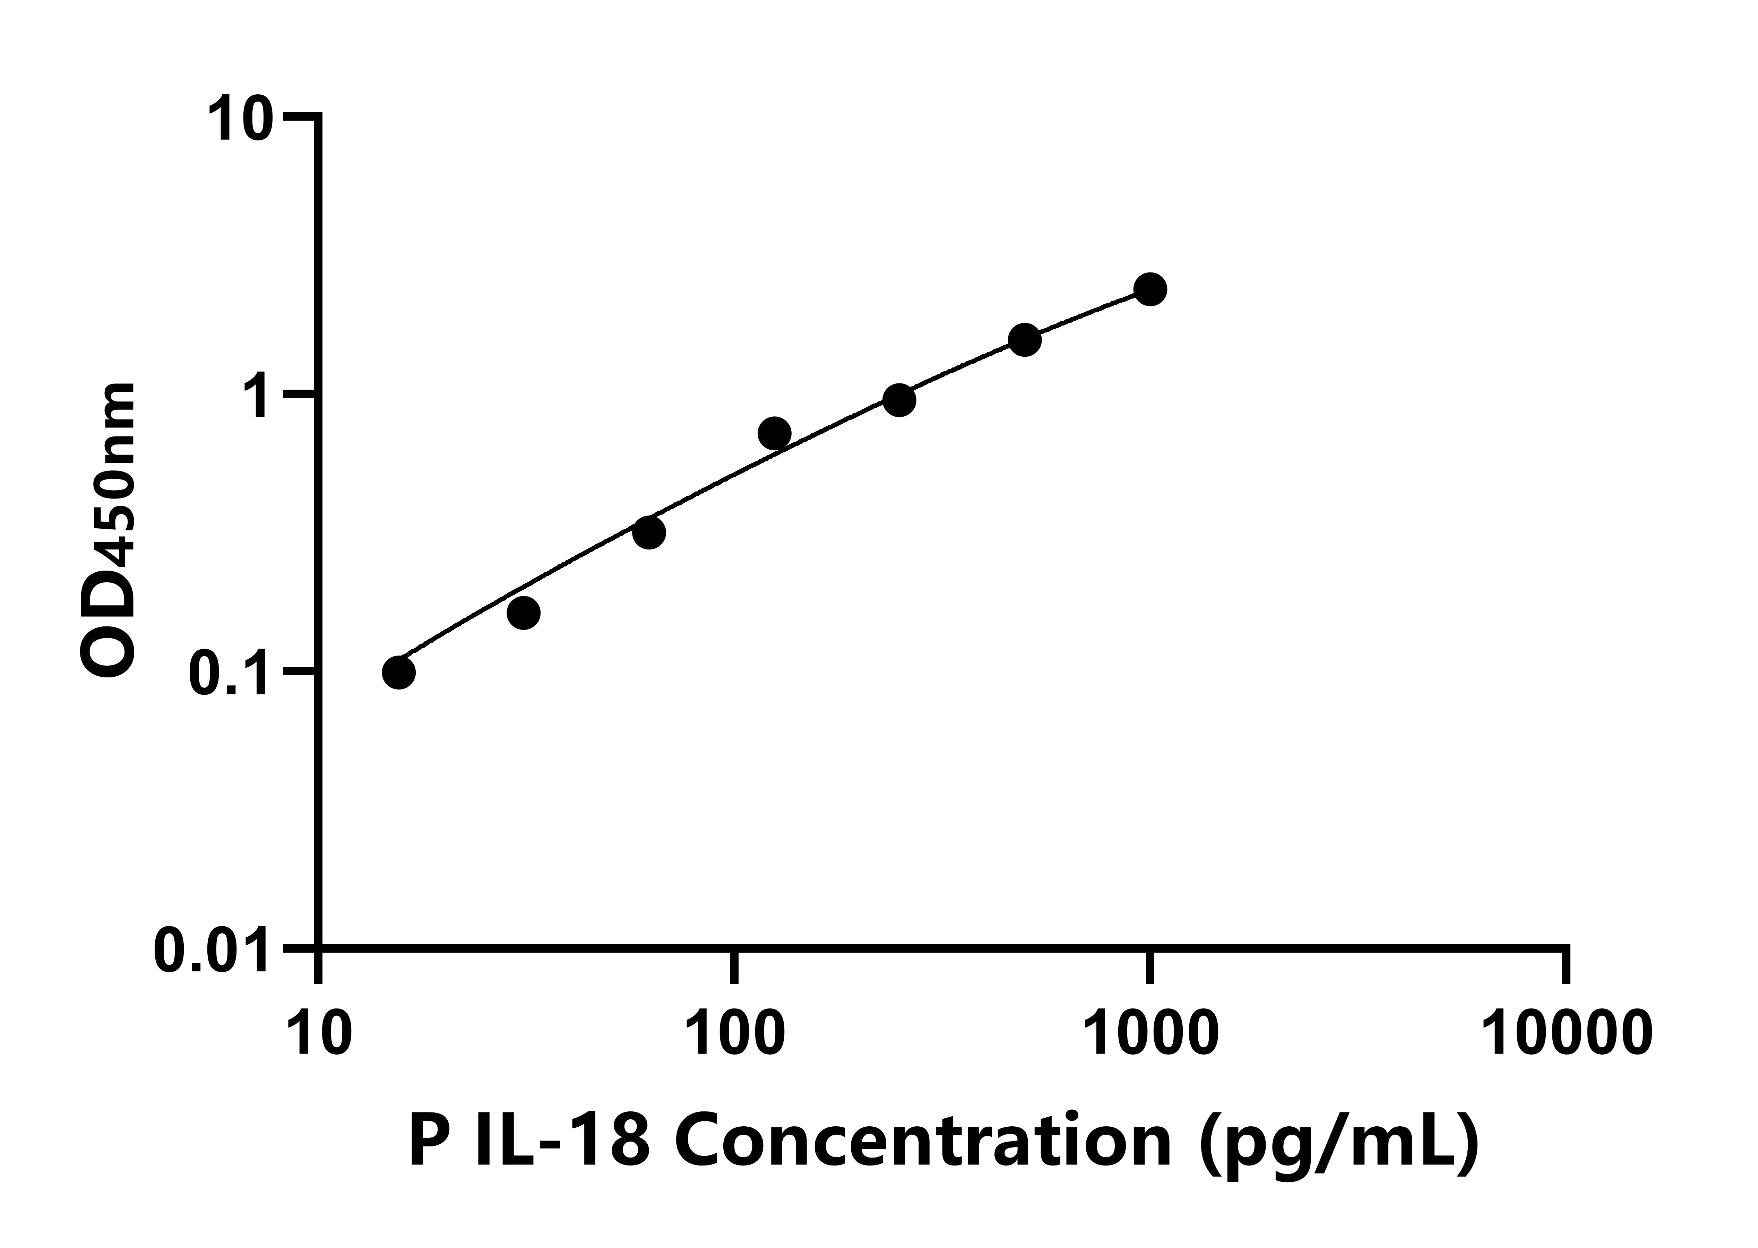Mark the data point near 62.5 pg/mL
coord(649,532)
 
